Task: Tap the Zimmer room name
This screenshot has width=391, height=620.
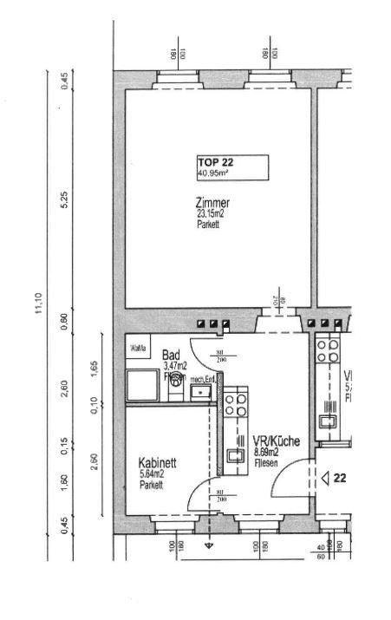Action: tap(212, 203)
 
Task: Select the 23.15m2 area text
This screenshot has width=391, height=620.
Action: tap(212, 214)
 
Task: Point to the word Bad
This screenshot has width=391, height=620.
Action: tap(170, 356)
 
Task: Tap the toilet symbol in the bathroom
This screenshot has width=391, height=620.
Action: tap(176, 379)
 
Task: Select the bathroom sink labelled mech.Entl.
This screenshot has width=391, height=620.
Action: tap(201, 392)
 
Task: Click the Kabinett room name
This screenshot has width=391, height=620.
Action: tap(158, 463)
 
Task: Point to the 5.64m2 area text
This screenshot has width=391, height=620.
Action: tap(157, 474)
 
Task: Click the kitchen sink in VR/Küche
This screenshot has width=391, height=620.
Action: tap(235, 454)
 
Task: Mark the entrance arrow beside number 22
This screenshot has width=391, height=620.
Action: tap(325, 477)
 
